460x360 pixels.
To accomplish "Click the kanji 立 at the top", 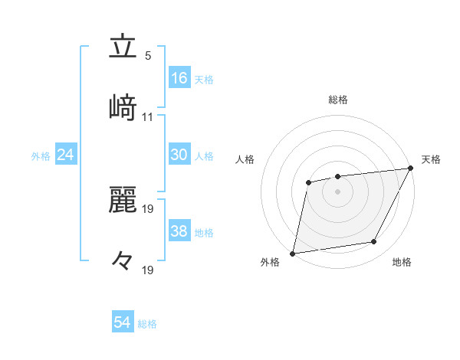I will click(123, 47).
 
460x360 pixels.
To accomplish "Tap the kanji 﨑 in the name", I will click(123, 108).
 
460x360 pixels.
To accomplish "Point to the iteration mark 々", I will click(123, 261).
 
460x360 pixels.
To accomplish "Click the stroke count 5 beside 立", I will click(148, 56).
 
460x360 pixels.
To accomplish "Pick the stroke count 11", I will click(148, 117).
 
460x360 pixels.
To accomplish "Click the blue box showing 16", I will click(179, 77).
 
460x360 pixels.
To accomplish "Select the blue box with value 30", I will click(179, 154).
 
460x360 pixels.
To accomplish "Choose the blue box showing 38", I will click(179, 231).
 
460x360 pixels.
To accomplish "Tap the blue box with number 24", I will click(66, 155).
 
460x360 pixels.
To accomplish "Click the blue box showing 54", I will click(123, 322).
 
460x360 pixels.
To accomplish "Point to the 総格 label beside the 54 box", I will click(147, 324).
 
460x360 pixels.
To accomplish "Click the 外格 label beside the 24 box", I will click(41, 156).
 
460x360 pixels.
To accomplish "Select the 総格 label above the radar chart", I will click(337, 100).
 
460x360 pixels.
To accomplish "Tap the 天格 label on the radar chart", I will click(431, 159).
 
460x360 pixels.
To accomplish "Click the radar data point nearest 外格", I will click(293, 253).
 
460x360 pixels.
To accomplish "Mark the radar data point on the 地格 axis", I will click(374, 242).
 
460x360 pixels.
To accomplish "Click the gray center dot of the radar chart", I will click(337, 191).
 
